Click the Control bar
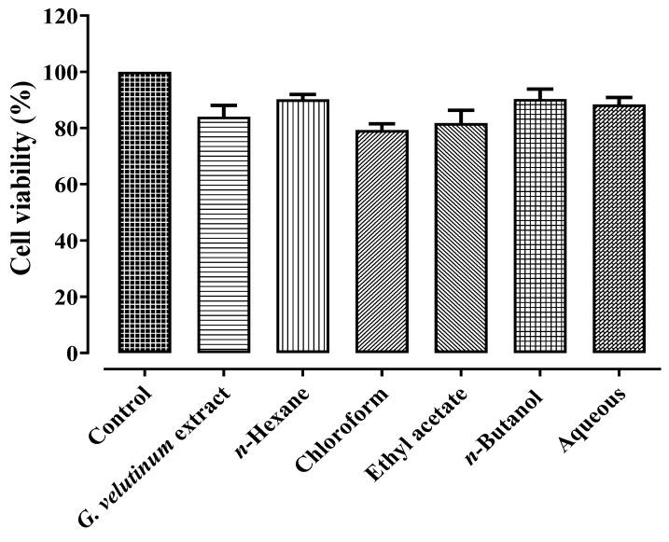point(144,213)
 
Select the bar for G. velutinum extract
point(224,235)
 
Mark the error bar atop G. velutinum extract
point(224,106)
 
